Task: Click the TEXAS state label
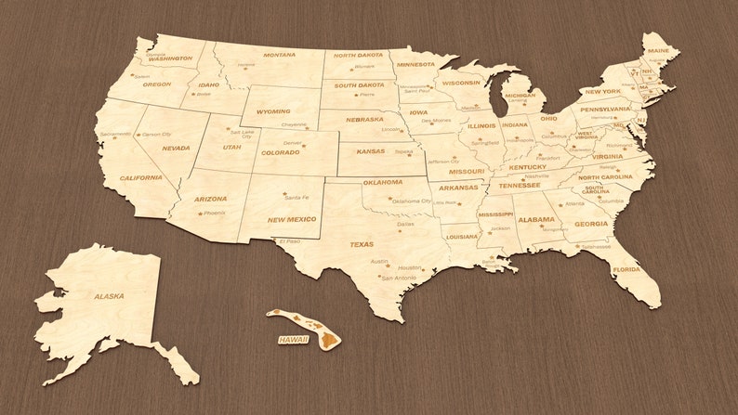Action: [362, 244]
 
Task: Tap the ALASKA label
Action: [109, 296]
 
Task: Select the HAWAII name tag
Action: [293, 340]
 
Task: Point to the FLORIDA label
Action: [626, 270]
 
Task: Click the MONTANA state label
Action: [279, 55]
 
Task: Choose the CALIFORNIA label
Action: [140, 177]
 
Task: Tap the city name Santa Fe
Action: [297, 197]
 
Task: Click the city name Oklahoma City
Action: [411, 201]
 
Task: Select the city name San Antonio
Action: [399, 278]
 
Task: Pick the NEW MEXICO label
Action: [292, 220]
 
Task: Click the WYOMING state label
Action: [273, 111]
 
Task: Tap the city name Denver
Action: [293, 143]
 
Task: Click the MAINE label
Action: [657, 50]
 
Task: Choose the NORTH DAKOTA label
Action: [358, 55]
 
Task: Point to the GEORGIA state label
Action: [591, 223]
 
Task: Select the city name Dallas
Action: [405, 224]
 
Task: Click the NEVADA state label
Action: [176, 148]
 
